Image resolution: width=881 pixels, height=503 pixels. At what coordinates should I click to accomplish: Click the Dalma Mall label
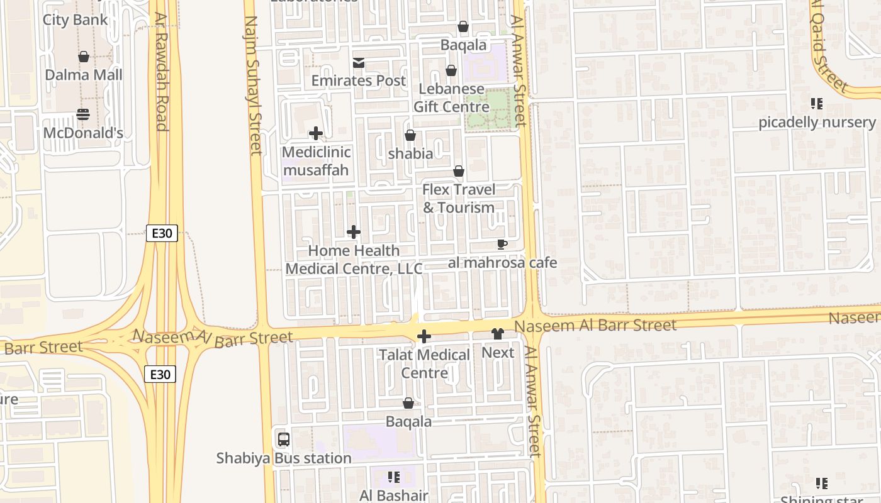[x=84, y=75]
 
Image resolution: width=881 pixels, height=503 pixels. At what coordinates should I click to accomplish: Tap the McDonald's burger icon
[x=83, y=114]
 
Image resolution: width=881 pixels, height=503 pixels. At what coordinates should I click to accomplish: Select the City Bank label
[x=75, y=19]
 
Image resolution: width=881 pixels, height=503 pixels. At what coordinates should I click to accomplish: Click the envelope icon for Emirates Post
[x=359, y=62]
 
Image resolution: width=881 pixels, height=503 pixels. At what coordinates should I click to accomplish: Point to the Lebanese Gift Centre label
[x=451, y=98]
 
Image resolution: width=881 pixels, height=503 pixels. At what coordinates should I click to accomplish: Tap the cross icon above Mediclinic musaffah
[x=316, y=133]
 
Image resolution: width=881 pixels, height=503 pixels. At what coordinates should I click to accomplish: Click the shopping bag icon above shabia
[x=410, y=135]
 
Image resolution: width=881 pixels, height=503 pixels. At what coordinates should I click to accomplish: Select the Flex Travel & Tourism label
[x=459, y=198]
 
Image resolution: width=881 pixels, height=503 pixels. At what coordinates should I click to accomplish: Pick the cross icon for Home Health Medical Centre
[x=354, y=232]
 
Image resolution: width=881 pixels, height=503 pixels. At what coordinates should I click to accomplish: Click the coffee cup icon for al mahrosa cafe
[x=502, y=244]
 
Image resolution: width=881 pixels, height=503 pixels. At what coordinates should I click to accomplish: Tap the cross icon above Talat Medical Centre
[x=424, y=336]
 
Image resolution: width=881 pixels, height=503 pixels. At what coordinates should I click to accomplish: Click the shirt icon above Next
[x=498, y=334]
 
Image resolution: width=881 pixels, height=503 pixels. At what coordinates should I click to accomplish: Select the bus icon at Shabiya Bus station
[x=284, y=439]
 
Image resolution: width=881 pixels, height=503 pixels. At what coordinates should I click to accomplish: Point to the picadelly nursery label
[x=816, y=122]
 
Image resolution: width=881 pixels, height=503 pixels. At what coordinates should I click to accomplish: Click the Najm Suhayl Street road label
[x=252, y=85]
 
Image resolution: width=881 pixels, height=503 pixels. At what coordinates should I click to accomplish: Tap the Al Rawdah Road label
[x=162, y=72]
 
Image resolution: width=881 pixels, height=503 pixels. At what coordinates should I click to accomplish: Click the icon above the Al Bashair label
[x=394, y=477]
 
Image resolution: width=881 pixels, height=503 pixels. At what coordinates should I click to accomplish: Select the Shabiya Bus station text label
[x=284, y=458]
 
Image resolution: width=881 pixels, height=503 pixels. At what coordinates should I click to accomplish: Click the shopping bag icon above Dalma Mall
[x=84, y=57]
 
